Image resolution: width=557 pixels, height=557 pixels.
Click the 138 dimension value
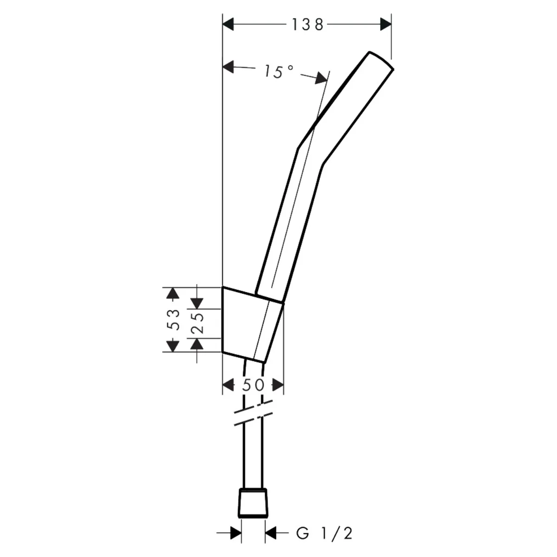pos(308,24)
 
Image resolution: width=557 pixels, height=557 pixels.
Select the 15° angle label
pos(278,71)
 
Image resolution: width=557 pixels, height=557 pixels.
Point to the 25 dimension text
pos(198,323)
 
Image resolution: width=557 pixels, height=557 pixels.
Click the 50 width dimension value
pos(253,385)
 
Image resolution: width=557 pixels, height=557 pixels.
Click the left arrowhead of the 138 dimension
pos(228,24)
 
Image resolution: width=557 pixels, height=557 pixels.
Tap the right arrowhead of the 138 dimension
pos(386,24)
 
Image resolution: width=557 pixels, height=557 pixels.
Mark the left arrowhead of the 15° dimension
pos(228,67)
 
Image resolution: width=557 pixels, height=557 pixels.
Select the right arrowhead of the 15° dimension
pos(321,78)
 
